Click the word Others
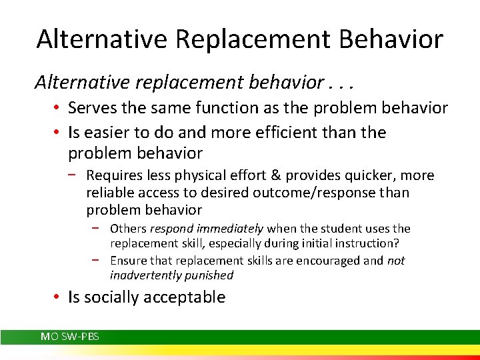(128, 229)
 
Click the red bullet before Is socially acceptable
(59, 297)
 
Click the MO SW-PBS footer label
(70, 337)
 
